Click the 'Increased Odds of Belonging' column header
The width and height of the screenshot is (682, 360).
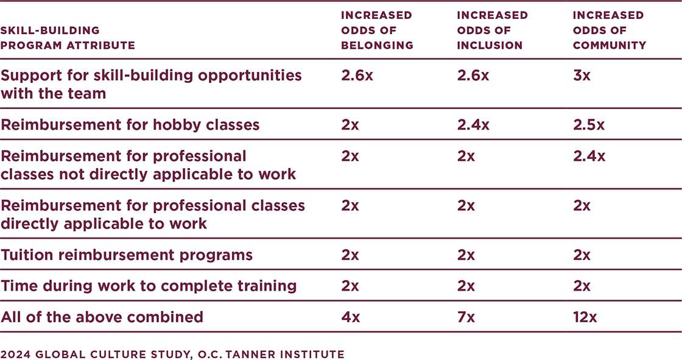pos(376,30)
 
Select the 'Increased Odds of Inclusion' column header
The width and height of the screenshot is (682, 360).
pos(493,30)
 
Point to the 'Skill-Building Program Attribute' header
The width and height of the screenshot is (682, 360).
pos(68,38)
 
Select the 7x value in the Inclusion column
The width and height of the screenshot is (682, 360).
pos(466,317)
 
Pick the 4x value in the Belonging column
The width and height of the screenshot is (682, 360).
pos(350,317)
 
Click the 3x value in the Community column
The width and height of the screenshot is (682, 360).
pos(582,76)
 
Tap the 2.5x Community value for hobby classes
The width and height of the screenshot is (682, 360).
pos(589,125)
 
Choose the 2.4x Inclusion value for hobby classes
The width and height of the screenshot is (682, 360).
pos(473,125)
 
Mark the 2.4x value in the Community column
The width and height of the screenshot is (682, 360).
pos(589,157)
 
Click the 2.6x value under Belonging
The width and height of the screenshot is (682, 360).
pos(357,76)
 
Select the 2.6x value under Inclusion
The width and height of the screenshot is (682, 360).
pos(473,76)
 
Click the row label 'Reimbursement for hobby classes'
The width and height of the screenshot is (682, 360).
pos(130,125)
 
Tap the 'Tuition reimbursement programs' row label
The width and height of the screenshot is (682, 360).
pos(127,255)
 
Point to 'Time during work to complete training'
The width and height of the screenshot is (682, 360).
pos(149,286)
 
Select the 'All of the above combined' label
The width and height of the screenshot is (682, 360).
pos(102,317)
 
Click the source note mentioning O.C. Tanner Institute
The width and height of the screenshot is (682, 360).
pos(172,353)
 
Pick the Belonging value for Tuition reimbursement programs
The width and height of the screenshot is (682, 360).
pos(350,255)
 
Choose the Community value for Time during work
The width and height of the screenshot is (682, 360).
pos(582,286)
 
